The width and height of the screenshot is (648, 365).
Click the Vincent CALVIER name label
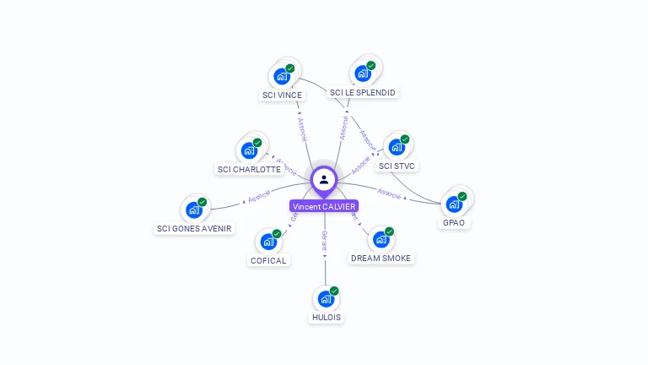324,206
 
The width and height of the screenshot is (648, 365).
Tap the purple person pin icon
324,179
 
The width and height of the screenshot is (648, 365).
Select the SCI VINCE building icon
282,76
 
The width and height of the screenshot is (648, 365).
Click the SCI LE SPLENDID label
363,92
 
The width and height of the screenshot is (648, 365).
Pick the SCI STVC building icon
397,147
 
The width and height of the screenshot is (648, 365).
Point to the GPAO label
454,223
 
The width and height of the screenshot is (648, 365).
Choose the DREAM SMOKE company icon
381,240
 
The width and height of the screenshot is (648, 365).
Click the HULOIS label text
326,318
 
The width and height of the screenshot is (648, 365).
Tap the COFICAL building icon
268,242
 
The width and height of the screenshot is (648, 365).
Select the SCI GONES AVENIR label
194,228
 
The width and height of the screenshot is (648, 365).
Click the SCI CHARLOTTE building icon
249,150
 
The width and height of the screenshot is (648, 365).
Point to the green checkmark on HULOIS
334,291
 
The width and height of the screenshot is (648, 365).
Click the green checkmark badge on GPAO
462,196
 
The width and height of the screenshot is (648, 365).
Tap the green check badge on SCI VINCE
290,68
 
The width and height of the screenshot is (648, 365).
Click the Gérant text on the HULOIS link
324,241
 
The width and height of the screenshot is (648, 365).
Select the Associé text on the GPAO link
390,193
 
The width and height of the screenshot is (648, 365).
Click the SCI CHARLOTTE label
249,169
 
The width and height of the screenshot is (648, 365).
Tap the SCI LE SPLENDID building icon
363,74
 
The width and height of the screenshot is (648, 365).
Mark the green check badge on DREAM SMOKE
389,232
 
